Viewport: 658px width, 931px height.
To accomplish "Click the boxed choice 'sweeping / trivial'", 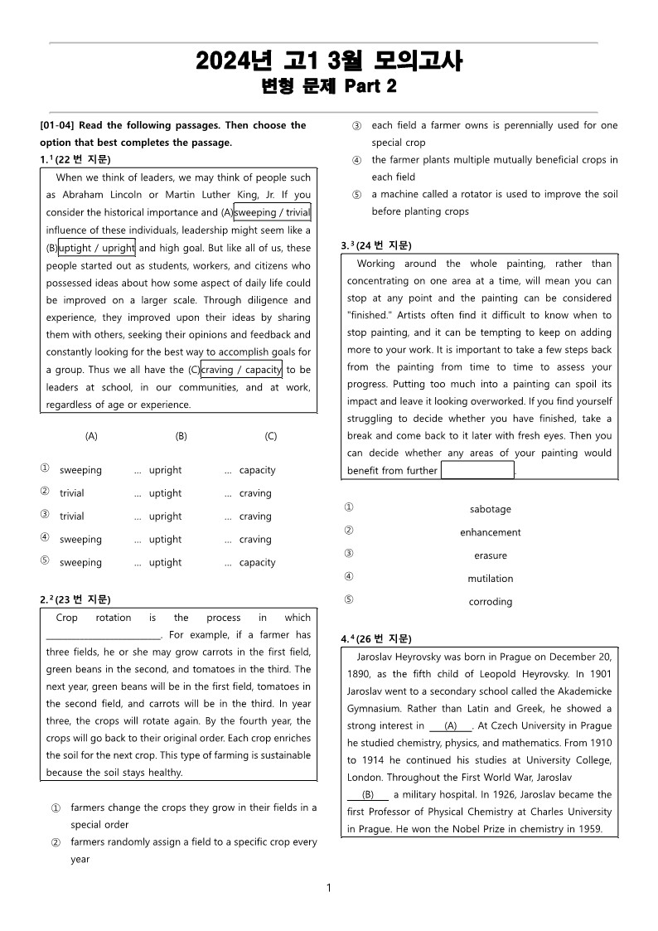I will (x=272, y=212).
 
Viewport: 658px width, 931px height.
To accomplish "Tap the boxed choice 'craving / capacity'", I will (x=241, y=369).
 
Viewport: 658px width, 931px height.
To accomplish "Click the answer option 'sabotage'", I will (x=490, y=509).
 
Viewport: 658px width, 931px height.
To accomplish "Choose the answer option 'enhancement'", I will (x=490, y=532).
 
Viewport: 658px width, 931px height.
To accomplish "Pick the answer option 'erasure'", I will (x=490, y=555).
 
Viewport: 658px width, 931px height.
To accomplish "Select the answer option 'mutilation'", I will (x=490, y=579).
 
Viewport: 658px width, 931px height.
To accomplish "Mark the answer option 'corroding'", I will (x=490, y=602).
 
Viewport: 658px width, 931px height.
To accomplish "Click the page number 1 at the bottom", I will (x=329, y=888).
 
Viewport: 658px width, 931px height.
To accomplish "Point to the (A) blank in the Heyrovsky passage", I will (x=451, y=726).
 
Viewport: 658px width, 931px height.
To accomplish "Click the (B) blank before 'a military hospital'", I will (x=368, y=794).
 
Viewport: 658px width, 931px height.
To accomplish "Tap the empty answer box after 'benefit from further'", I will (x=477, y=471).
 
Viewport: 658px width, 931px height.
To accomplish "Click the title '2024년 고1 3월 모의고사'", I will (x=329, y=61).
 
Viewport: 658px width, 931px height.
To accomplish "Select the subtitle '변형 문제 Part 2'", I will (x=329, y=86).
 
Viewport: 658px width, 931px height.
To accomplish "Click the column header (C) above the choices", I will (x=270, y=436).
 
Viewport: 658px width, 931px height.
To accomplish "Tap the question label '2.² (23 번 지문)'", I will (x=75, y=599).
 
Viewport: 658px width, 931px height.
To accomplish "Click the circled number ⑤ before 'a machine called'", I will (x=356, y=195).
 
